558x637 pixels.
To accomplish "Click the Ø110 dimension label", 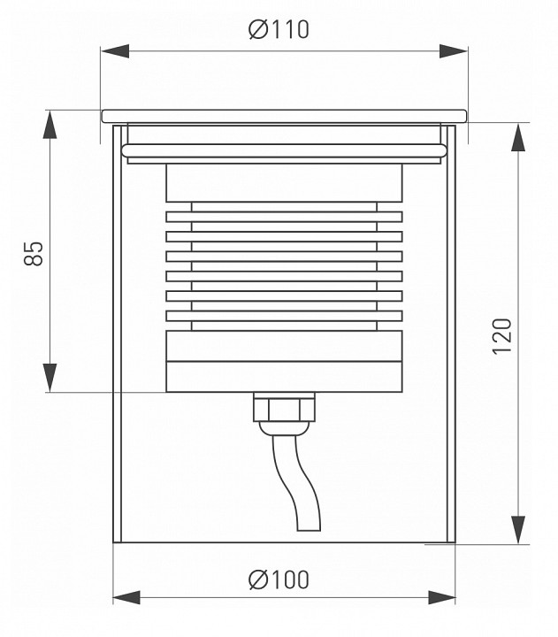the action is (279, 30).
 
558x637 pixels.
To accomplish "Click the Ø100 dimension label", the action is (279, 579).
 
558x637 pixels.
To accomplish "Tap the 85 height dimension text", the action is (34, 254).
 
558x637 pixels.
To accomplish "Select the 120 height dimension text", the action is (502, 336).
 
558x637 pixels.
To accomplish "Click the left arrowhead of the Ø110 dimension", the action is (115, 51).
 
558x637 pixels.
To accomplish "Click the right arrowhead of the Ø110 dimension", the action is (454, 51).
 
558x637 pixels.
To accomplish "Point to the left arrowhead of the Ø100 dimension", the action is (126, 597).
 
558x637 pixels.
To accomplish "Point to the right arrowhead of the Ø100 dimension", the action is (442, 597).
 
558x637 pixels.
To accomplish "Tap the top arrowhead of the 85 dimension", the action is (50, 125).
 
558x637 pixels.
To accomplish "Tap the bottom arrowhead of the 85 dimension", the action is (50, 378).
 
